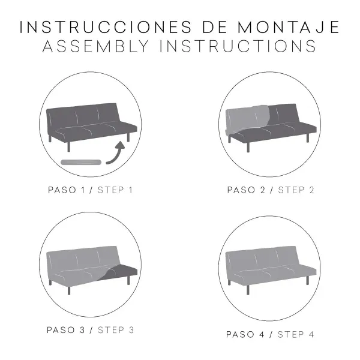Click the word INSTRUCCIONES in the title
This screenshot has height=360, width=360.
(106, 27)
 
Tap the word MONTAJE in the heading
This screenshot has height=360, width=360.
(289, 27)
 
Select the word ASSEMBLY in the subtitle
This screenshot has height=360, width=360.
(96, 46)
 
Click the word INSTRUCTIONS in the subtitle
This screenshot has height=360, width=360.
(238, 46)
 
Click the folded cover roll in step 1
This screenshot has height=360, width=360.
(81, 163)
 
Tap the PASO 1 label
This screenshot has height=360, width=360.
(67, 190)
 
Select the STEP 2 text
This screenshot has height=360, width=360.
(296, 190)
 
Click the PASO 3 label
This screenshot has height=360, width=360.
(66, 330)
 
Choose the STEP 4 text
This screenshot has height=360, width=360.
(295, 335)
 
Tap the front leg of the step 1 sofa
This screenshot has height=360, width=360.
(68, 147)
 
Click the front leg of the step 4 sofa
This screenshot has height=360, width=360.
(248, 290)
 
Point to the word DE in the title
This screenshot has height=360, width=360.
(214, 27)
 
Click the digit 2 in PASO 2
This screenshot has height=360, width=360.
(263, 190)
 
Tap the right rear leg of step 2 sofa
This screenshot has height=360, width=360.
(308, 138)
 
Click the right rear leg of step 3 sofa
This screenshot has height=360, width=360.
(128, 280)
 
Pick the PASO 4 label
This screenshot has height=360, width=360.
(245, 335)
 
